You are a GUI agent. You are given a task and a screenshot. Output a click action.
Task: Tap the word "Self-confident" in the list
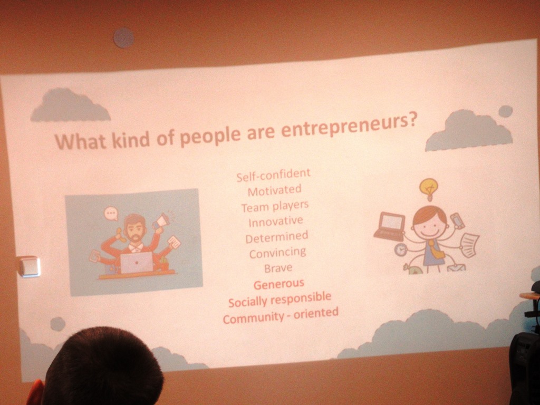(274, 175)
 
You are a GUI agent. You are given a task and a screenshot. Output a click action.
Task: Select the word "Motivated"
(274, 190)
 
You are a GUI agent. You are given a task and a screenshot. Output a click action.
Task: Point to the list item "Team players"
(275, 207)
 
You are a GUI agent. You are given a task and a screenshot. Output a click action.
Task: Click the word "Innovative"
(276, 221)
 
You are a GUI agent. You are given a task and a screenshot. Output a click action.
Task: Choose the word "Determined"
(277, 237)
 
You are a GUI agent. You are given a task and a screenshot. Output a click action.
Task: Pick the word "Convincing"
(277, 253)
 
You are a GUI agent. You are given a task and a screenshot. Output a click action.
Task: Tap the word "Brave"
(278, 268)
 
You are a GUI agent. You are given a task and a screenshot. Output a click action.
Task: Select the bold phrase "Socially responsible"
(279, 300)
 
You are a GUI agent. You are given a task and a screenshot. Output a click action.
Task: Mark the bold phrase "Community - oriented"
(281, 315)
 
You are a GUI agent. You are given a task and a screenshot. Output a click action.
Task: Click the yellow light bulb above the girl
(429, 189)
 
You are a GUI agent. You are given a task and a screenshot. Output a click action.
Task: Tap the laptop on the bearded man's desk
(137, 263)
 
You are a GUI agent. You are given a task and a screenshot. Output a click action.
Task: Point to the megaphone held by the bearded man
(160, 221)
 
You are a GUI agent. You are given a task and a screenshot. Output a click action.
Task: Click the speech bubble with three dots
(111, 214)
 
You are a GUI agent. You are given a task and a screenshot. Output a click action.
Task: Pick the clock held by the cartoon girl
(401, 249)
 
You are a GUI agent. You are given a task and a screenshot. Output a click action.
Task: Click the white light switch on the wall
(30, 266)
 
